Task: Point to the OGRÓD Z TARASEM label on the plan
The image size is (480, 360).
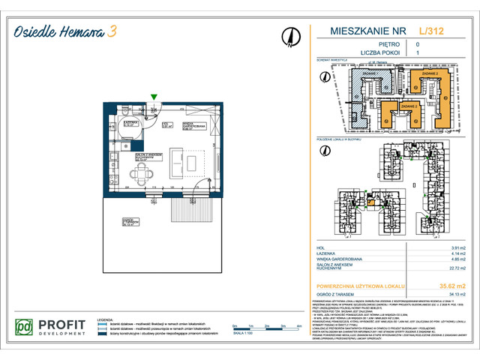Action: (x=133, y=220)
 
